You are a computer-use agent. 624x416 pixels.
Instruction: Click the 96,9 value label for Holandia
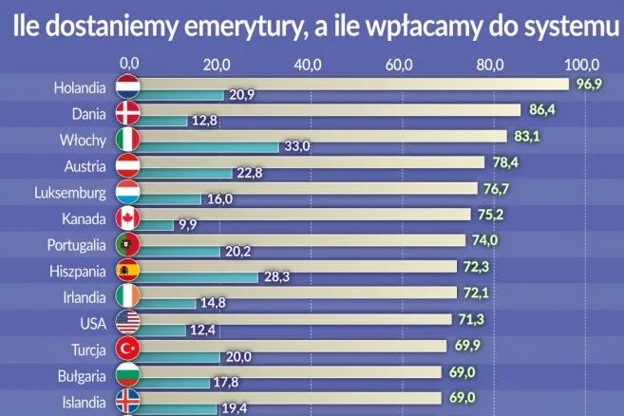[591, 85]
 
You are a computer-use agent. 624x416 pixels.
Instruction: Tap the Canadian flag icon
[128, 218]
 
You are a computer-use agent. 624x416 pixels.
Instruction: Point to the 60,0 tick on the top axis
[400, 65]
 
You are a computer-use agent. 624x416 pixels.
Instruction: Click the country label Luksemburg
[68, 193]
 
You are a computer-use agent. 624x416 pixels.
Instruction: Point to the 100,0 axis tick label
[582, 65]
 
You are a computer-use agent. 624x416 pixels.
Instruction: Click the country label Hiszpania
[77, 271]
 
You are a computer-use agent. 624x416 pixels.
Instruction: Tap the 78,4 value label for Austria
[504, 162]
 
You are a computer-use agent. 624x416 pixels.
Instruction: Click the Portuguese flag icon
[128, 245]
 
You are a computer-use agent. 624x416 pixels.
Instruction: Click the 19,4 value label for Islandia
[234, 407]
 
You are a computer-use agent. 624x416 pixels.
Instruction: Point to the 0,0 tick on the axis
[128, 65]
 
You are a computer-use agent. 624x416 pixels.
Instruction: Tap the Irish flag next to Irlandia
[128, 296]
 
